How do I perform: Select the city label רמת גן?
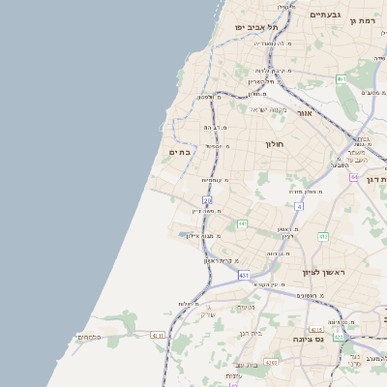[x=362, y=20]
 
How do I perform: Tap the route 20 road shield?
[x=207, y=199]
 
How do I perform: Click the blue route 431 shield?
[x=244, y=275]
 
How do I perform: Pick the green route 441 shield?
[x=242, y=224]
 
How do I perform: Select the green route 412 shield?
[x=323, y=236]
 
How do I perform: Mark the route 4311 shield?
[x=158, y=335]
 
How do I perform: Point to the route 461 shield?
[x=342, y=78]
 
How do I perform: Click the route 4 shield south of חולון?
[x=299, y=206]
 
